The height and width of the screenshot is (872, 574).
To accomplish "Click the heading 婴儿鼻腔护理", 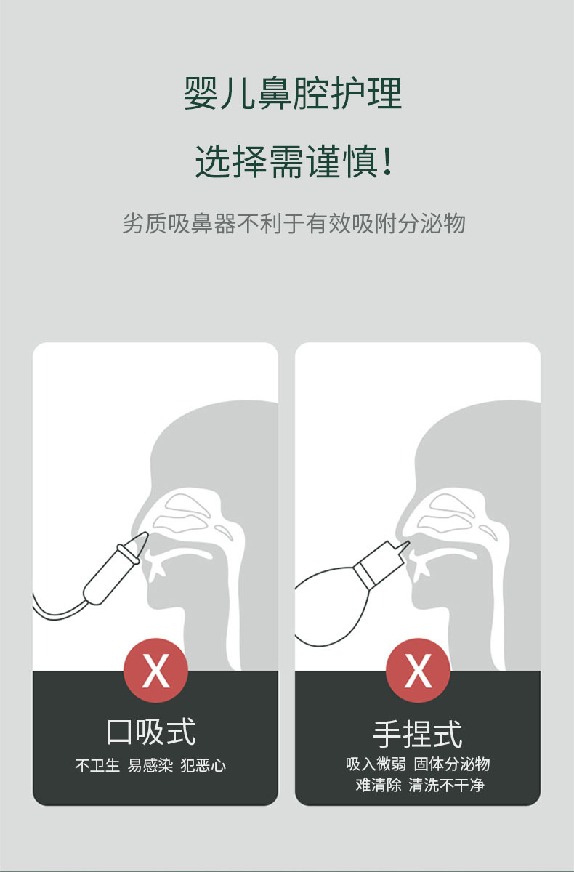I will coord(292,94).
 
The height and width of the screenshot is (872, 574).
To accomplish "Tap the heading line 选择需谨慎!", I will coord(292,161).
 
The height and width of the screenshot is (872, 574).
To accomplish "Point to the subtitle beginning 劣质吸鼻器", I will coord(293,223).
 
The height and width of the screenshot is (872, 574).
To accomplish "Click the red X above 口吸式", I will coord(155,670).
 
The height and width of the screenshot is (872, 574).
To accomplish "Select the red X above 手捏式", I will coord(418,670).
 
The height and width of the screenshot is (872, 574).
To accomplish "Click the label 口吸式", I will coord(151,732).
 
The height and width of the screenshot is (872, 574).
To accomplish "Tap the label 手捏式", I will coord(418,733).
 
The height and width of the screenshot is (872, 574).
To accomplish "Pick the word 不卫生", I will coord(97,765).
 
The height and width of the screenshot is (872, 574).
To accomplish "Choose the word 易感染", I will coord(150,765).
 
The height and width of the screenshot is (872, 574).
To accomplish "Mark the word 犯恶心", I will coord(203,765).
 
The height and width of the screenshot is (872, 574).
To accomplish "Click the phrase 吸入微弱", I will coord(376,764).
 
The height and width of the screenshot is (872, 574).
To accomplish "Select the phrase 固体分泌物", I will coord(452,764).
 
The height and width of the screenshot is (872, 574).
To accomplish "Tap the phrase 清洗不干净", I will coord(446,785).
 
